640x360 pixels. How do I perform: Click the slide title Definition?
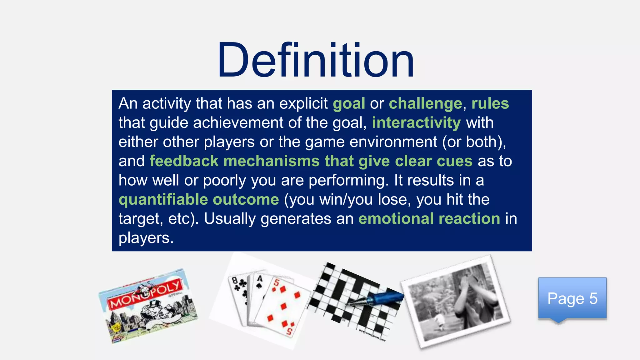pos(316,60)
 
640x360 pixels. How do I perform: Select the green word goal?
pos(349,104)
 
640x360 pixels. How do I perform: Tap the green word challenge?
pos(425,104)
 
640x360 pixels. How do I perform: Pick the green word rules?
pos(490,104)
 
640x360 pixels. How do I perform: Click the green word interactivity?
pos(416,123)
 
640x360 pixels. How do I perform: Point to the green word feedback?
pos(184,161)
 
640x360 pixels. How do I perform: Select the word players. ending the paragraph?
pos(146,238)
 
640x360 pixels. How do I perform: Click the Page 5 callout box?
pos(572,298)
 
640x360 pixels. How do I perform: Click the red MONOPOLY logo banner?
pos(146,294)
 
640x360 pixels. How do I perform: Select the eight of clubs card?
pos(239,297)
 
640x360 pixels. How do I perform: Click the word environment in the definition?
pos(393,142)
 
